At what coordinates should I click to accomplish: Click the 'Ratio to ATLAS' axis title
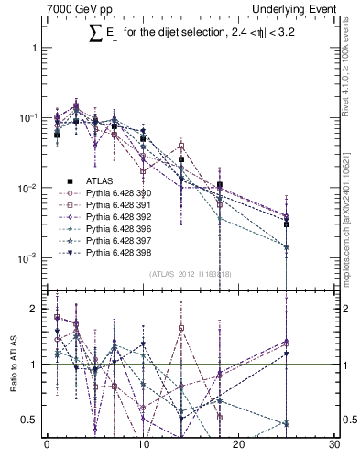coord(12,365)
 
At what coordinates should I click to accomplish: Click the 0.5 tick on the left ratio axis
coord(30,420)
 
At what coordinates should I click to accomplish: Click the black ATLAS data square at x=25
coord(287,224)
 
